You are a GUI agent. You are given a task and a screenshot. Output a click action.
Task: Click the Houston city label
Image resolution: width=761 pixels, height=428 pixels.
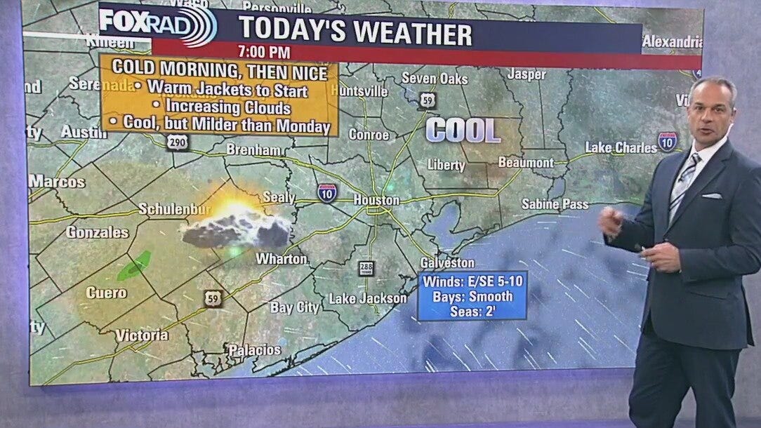[376, 200]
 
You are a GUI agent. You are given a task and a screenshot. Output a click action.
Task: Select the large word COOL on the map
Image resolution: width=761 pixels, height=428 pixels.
[463, 131]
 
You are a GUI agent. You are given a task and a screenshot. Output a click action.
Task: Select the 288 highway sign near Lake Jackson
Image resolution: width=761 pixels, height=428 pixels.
[366, 268]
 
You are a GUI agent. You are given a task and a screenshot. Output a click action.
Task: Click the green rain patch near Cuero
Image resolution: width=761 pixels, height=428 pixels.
[133, 266]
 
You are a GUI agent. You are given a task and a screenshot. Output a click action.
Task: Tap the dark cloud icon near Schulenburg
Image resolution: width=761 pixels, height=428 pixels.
[235, 229]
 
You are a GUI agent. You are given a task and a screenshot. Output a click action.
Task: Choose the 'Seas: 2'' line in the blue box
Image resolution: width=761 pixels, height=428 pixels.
[474, 310]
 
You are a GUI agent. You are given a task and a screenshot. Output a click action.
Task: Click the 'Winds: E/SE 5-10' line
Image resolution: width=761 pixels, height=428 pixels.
[474, 282]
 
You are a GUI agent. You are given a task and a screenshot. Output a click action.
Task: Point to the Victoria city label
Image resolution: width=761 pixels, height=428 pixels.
[142, 335]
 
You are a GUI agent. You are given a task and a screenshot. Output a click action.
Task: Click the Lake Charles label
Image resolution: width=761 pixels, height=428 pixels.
[621, 147]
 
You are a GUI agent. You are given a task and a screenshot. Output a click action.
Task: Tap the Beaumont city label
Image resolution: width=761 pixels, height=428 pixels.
[526, 163]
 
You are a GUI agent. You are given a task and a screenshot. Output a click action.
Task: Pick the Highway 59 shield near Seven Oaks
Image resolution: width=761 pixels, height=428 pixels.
[428, 100]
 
